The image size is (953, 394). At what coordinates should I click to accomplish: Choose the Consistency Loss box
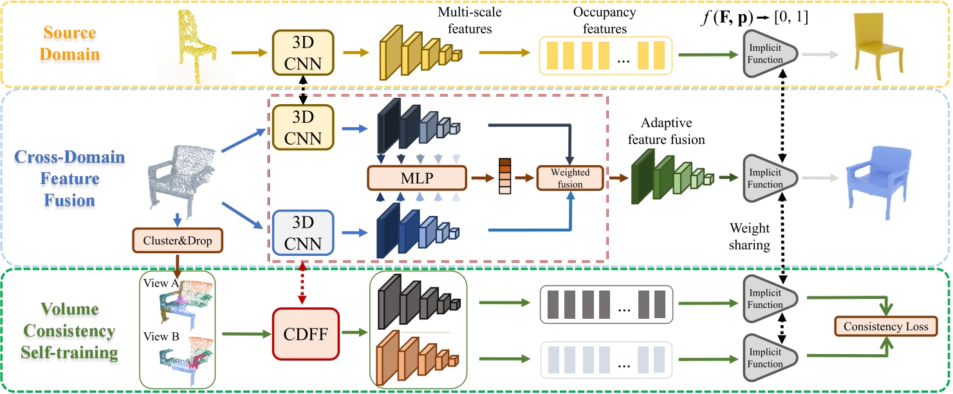tap(885, 327)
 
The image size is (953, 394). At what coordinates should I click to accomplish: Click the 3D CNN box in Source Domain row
tap(305, 52)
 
